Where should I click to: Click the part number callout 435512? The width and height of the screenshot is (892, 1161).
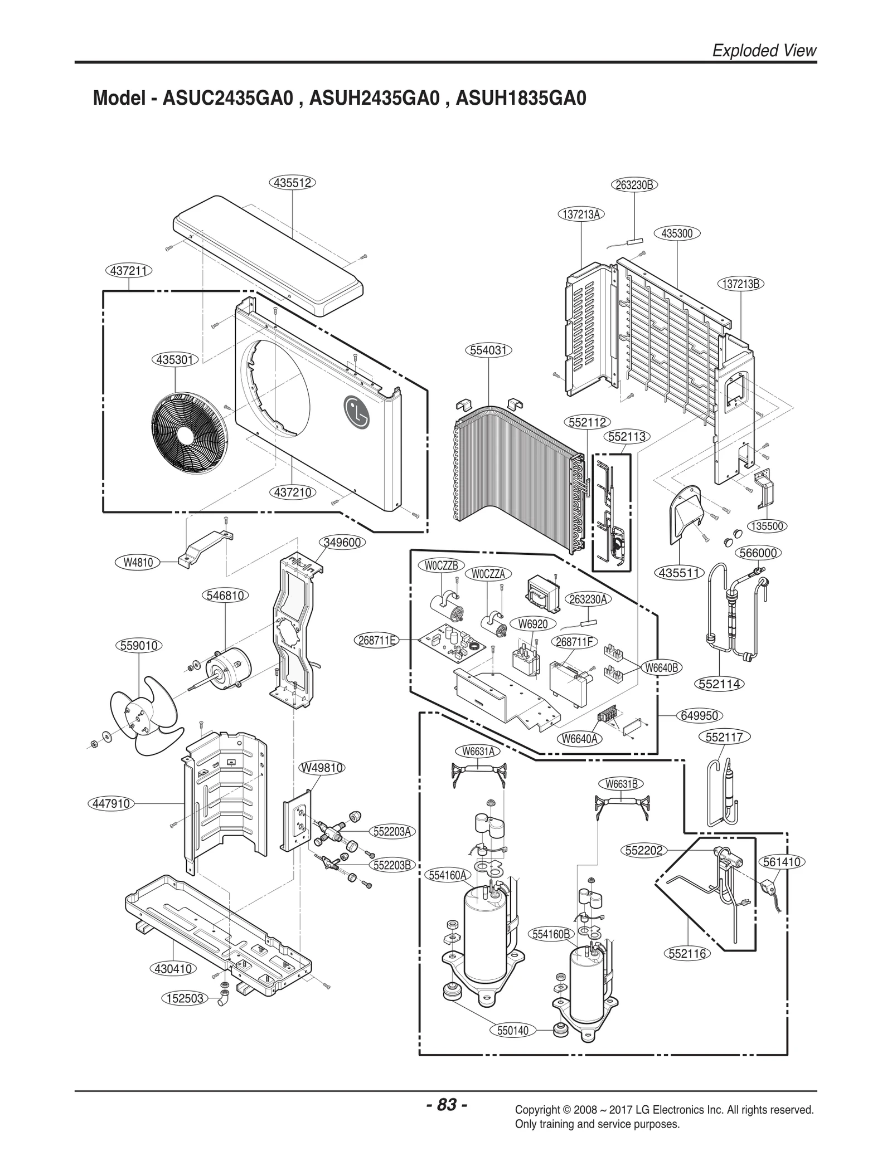pos(292,183)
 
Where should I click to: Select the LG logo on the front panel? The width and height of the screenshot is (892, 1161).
pos(356,412)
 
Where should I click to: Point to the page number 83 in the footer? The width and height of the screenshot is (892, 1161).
pos(446,1104)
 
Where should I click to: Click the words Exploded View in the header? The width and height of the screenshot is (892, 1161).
pos(764,51)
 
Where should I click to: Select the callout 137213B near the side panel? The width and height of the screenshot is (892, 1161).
pos(740,284)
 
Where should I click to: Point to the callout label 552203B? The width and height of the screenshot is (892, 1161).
pos(392,865)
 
